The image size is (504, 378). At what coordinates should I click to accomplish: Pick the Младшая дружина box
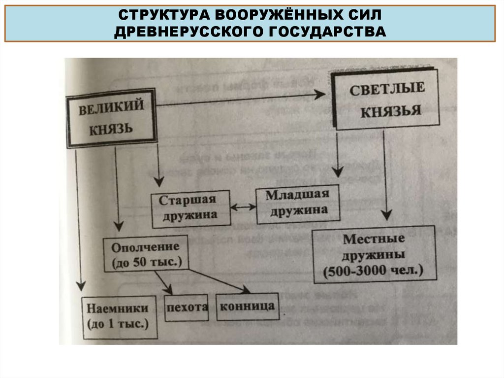coord(298,204)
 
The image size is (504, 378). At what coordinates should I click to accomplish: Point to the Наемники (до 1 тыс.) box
coord(119,317)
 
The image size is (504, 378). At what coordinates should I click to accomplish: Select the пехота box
coord(186,308)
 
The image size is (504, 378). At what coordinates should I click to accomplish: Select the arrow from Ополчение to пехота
coord(164,282)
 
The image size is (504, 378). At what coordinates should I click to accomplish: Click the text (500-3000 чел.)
coord(375,271)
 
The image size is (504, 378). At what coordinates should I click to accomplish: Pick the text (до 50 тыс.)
coord(147,262)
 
